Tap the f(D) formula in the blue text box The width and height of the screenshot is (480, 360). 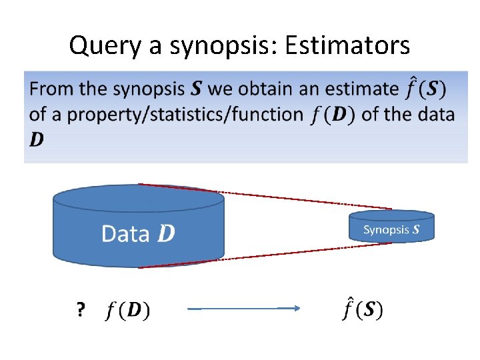pos(333,114)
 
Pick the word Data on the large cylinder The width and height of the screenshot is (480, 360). pos(125,233)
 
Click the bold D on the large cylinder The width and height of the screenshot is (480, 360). pos(167,233)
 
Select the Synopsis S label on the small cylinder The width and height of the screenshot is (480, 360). pos(391,230)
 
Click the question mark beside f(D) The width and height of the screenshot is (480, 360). pos(81,310)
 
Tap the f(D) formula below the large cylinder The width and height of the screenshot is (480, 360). pos(128,311)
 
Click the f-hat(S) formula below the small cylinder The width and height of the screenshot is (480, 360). pos(363,309)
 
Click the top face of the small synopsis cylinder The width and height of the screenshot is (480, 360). pos(391,215)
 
